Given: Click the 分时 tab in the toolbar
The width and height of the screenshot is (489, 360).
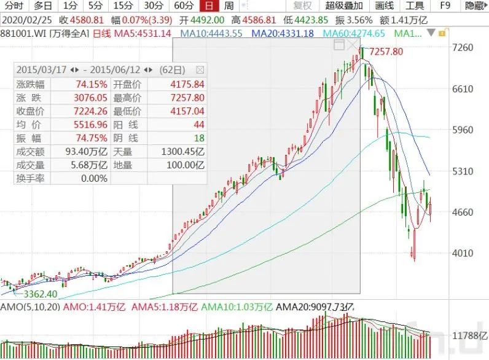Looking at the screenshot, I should pos(14,6).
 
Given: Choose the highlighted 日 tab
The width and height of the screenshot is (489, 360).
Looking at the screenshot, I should pos(209,6).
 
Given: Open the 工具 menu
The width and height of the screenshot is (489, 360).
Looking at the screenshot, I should pos(415,6).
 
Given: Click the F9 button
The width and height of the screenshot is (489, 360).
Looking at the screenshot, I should pos(446,6).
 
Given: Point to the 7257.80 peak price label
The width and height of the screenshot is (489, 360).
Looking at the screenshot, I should pos(385,52).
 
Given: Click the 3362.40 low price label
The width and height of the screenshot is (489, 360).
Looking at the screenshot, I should pos(41,294).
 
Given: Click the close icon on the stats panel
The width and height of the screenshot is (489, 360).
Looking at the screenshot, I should pos(200,69).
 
